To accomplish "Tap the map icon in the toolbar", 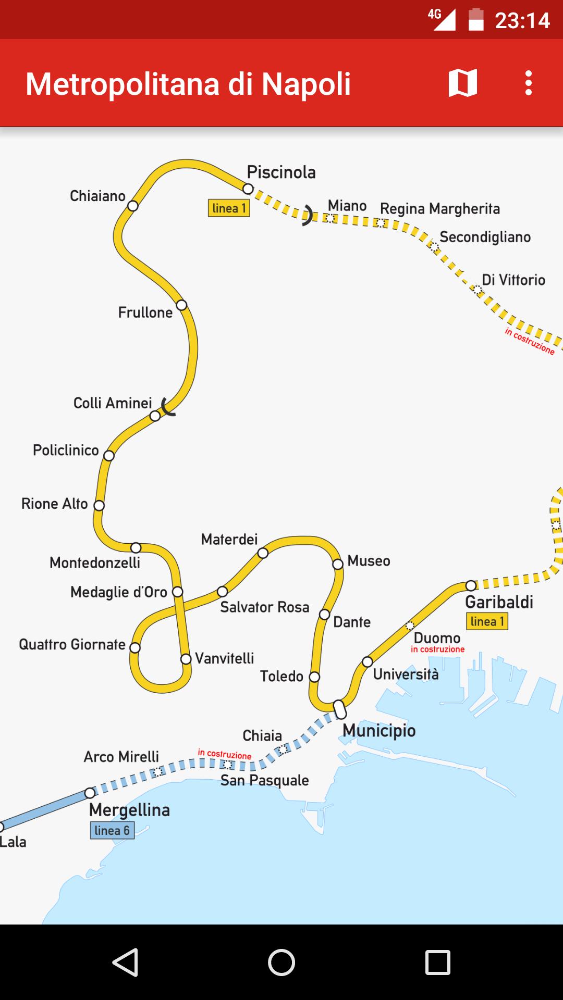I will pos(462,83).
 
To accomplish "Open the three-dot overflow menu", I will pos(529,83).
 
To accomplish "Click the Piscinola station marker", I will pos(248,189).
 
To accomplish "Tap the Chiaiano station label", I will pos(97,196).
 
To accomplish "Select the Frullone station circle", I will pos(181,305).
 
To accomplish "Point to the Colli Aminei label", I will pos(113,403).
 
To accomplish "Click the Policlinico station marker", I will pos(108,456).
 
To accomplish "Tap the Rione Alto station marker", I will pos(99,505).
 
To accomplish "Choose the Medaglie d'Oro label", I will pos(119,592).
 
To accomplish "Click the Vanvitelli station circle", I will pos(186,659).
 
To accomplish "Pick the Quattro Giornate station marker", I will pos(135,647).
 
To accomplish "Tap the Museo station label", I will pos(369,561).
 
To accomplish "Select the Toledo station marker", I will pos(314,677).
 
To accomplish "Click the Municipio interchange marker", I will pos(340,709).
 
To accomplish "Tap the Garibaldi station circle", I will pos(471,585).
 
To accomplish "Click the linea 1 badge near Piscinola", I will pos(229,208).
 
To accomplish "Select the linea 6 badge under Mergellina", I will pos(112,830).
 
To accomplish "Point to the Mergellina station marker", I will pos(90,793).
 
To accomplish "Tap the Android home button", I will pos(281,962).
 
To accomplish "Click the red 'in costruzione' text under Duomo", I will pos(437,649).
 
